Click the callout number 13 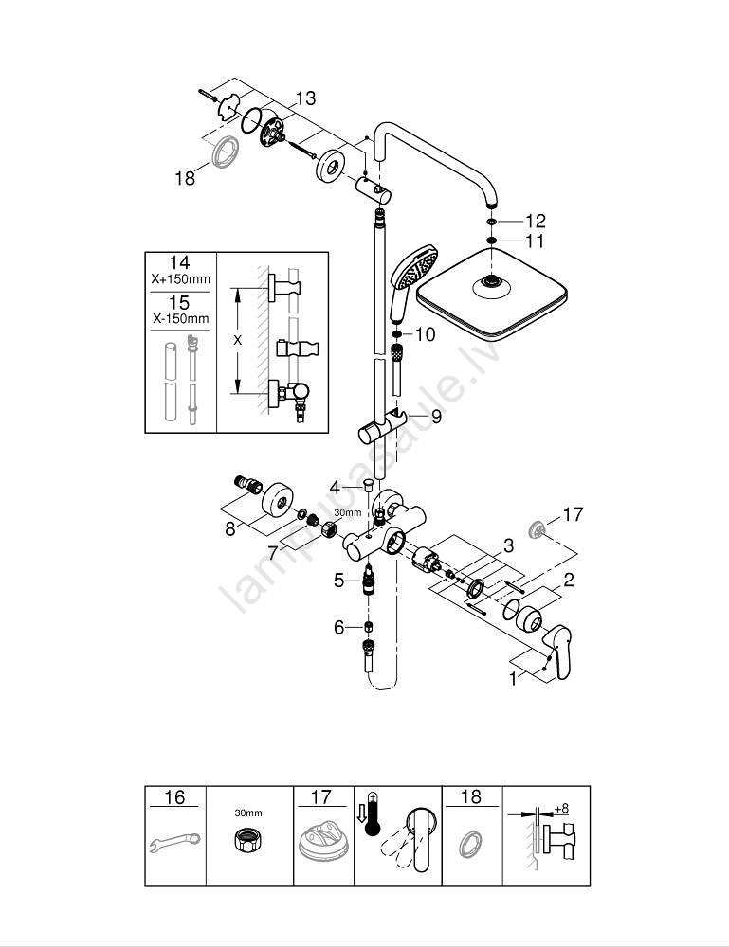point(305,98)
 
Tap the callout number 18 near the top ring point(185,177)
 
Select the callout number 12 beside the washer point(536,221)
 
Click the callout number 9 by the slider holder point(436,416)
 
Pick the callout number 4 point(334,487)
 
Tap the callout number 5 point(338,581)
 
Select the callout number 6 point(339,627)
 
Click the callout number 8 point(229,529)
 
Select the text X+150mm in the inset point(180,280)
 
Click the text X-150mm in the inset point(180,319)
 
